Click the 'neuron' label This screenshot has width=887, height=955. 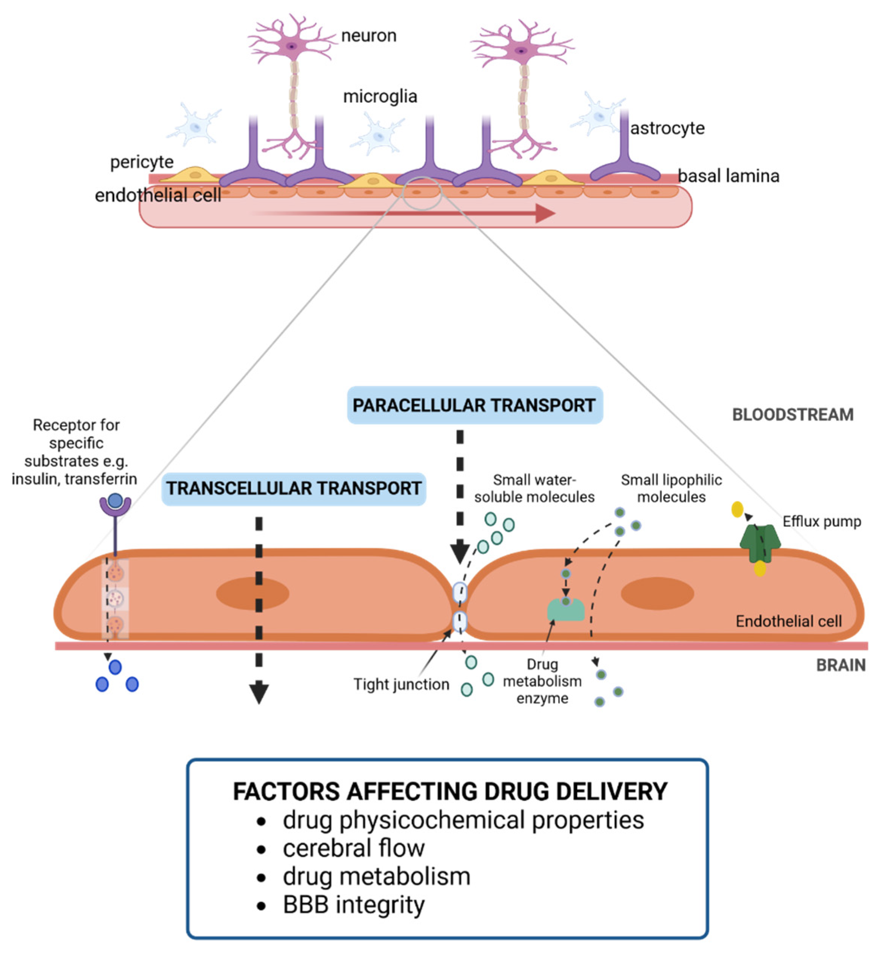coord(369,36)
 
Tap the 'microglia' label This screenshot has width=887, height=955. coord(380,97)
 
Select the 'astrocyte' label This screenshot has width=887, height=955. coord(667,128)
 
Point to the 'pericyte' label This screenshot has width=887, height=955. coord(142,162)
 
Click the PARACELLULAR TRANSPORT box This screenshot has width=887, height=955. coord(474,405)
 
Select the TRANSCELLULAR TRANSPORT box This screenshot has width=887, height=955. coord(294,488)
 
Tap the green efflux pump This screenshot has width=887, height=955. coord(760,543)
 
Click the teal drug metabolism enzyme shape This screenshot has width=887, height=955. coord(566,610)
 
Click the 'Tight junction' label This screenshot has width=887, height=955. coord(401,684)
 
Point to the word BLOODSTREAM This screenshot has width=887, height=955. coord(792,414)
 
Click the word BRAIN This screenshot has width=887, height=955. coord(841,665)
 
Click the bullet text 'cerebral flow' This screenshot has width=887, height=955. coord(354,848)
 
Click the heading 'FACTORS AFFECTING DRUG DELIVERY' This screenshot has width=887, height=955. coord(450,791)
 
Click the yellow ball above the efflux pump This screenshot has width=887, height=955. coord(737,509)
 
